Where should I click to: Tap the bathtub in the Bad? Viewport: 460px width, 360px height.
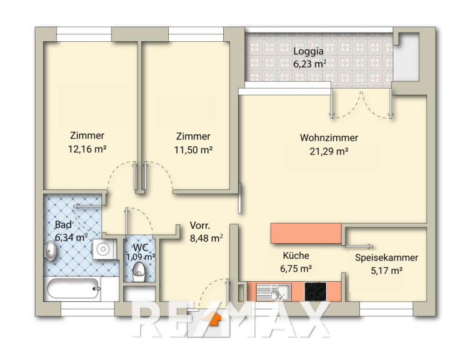click(73, 288)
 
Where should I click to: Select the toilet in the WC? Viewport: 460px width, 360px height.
click(139, 272)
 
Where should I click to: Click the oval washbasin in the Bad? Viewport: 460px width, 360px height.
click(51, 251)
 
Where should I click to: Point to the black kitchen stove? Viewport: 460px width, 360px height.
click(316, 291)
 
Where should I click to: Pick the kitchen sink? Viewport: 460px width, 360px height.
click(273, 292)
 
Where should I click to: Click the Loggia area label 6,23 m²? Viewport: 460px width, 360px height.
click(310, 64)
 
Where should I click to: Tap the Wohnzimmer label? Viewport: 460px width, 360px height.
click(329, 137)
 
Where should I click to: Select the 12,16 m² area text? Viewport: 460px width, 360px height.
click(87, 149)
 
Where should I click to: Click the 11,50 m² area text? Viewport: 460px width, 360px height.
click(193, 150)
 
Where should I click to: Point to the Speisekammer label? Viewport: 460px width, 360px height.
click(386, 257)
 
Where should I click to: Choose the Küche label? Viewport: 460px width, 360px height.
click(296, 256)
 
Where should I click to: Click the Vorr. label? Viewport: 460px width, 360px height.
click(200, 226)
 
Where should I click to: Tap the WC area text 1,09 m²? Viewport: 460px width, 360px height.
click(141, 257)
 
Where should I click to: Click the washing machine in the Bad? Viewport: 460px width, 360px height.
click(103, 249)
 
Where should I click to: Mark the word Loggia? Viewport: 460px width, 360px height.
click(309, 51)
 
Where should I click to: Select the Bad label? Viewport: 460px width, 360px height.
click(63, 225)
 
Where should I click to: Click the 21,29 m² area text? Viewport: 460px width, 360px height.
click(329, 151)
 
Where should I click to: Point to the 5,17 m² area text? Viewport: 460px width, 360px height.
click(386, 271)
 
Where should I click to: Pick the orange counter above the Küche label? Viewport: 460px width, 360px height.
click(306, 233)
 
